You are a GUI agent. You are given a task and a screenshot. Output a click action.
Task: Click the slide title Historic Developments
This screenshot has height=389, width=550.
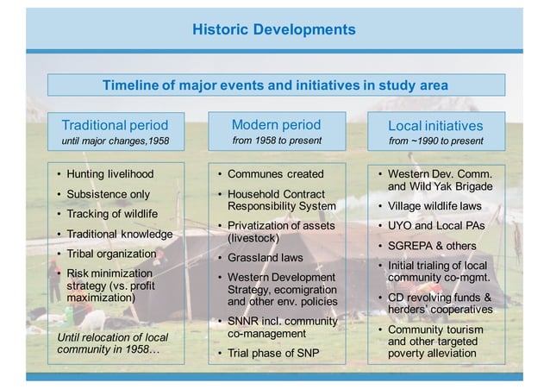273,29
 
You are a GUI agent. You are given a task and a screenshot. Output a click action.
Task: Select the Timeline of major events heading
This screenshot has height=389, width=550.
275,85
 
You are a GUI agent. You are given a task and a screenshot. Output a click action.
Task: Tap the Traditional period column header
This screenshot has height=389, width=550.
115,125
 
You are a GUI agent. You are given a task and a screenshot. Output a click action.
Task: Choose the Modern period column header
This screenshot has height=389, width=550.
276,124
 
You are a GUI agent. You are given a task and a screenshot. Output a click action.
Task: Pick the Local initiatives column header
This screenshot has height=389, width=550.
435,126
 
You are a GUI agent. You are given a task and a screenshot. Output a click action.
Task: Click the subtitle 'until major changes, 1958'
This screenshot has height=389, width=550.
115,141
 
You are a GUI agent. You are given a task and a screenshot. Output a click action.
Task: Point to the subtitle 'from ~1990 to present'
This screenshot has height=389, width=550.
435,141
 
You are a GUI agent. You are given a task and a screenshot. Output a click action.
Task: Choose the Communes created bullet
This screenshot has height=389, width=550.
275,174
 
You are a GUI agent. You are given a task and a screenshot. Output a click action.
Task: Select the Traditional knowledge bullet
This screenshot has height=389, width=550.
119,234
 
